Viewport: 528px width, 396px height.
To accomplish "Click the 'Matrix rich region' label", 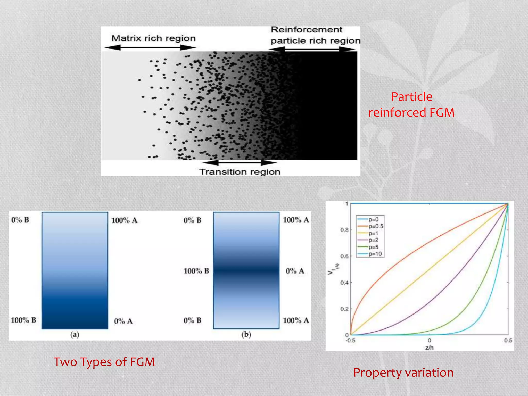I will tap(153, 38).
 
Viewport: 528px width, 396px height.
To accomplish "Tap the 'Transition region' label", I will tap(240, 172).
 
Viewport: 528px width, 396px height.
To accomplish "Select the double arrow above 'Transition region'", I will tap(240, 162).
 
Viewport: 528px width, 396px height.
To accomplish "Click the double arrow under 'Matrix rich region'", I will tap(150, 48).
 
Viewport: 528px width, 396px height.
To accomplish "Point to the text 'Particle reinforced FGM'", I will tap(411, 105).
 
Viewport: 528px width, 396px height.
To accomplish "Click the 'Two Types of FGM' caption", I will tap(104, 362).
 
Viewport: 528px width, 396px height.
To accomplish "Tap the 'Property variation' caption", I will tap(403, 373).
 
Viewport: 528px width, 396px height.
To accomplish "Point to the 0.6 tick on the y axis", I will tap(344, 256).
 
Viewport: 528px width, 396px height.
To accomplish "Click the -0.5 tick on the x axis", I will tap(350, 340).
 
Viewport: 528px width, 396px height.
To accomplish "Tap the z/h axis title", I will tap(429, 348).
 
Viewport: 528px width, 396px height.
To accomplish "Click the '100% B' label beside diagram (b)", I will tap(196, 271).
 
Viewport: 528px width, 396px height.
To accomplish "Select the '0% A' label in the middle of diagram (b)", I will tap(295, 271).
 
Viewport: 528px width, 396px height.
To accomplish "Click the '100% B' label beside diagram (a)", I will tap(23, 320).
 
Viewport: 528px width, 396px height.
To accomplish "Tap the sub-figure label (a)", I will tap(75, 335).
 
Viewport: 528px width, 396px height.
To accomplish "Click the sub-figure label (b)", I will tap(246, 334).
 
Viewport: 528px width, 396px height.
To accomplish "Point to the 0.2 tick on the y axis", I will tap(344, 309).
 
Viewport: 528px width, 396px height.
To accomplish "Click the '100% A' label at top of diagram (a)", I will tap(124, 220).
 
